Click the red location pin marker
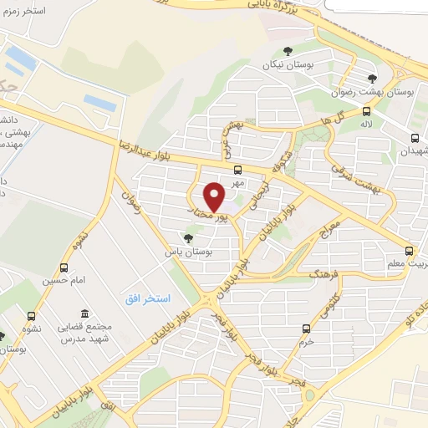215,196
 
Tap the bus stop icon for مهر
238,170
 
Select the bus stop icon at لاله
366,111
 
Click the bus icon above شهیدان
415,139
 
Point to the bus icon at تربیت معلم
409,251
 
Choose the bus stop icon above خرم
306,329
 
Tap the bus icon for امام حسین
64,268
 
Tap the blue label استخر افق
148,298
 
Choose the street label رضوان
127,201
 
